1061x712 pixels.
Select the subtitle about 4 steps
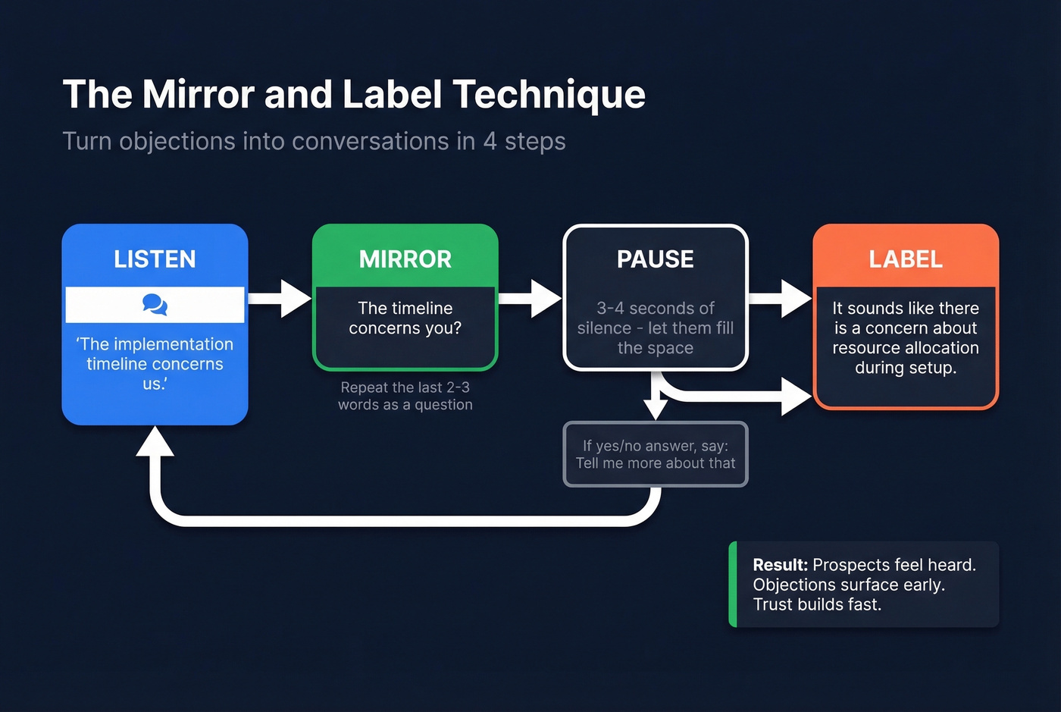coord(314,141)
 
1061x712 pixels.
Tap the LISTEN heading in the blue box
coord(155,259)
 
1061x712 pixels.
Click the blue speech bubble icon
coord(155,305)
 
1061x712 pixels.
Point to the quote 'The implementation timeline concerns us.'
coord(155,364)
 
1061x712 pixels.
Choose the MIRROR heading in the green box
coord(405,259)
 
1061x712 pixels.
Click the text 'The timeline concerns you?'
coord(405,318)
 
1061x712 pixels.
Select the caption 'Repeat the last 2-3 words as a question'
coord(405,396)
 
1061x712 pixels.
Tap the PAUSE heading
coord(655,259)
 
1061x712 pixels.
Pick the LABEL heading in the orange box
coord(906,259)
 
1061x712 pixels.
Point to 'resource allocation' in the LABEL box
coord(906,348)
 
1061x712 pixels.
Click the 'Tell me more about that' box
coord(655,454)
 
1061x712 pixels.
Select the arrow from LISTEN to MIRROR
coord(280,298)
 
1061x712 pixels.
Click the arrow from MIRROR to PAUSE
coord(530,298)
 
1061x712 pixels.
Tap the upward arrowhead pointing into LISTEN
coord(155,442)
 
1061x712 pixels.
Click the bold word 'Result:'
coord(780,565)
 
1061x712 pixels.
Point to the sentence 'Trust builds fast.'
coord(817,604)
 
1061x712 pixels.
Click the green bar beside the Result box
coord(733,584)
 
